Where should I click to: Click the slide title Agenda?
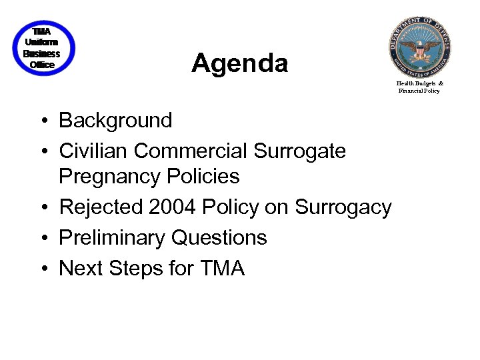click(239, 64)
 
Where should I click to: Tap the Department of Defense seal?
click(420, 47)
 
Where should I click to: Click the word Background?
click(115, 121)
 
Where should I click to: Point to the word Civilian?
click(93, 151)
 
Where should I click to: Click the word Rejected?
click(101, 207)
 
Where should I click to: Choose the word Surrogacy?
click(343, 208)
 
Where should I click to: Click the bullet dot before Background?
click(42, 122)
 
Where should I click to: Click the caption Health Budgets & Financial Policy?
click(419, 87)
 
